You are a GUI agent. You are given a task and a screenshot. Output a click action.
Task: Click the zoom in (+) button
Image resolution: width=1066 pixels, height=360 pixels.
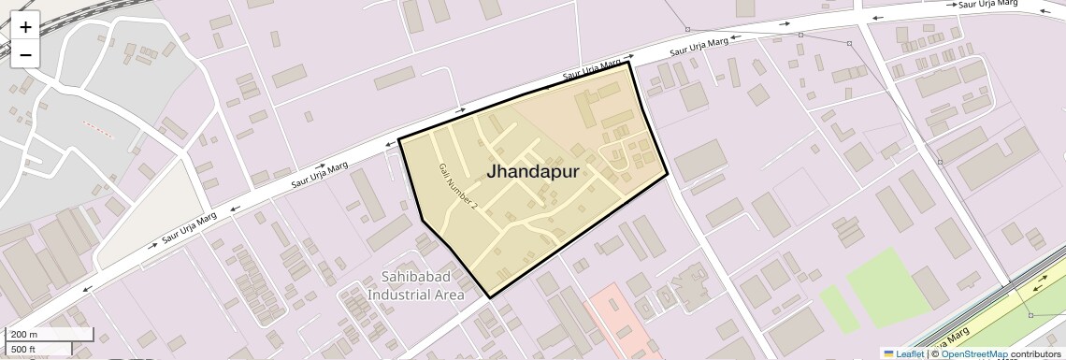25,27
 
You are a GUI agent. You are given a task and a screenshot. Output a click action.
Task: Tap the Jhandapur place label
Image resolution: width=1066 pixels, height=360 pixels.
532,172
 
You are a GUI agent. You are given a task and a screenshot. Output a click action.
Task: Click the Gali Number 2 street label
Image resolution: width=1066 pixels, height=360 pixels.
458,185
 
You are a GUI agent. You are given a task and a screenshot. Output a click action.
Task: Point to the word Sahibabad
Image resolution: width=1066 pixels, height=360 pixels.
421,277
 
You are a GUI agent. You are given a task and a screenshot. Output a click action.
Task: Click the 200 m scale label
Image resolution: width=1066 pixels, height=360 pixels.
23,335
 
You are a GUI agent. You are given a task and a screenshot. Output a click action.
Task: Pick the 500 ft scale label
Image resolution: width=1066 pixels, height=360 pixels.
23,350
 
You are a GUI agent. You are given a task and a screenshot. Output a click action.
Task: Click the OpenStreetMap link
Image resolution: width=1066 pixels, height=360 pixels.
974,353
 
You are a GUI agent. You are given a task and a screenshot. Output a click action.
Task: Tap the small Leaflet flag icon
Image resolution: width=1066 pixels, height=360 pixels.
888,353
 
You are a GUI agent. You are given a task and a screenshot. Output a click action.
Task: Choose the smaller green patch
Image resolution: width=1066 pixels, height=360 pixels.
839,309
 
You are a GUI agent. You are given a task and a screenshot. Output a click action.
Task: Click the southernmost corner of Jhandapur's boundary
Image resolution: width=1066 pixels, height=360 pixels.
490,297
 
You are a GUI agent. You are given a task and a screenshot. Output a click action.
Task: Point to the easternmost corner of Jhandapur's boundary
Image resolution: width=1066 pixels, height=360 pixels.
667,174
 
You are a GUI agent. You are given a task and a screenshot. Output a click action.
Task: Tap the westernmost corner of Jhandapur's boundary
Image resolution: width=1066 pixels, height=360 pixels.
399,139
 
